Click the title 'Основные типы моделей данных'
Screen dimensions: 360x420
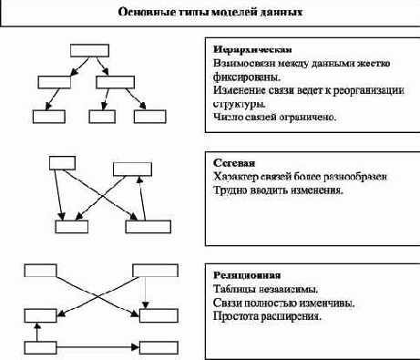pos(210,13)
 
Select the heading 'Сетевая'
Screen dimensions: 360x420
pos(229,162)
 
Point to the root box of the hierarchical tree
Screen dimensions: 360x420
pos(88,50)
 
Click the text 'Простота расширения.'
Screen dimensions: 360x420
pos(267,316)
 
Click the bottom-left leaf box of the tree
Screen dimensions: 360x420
pos(46,116)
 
